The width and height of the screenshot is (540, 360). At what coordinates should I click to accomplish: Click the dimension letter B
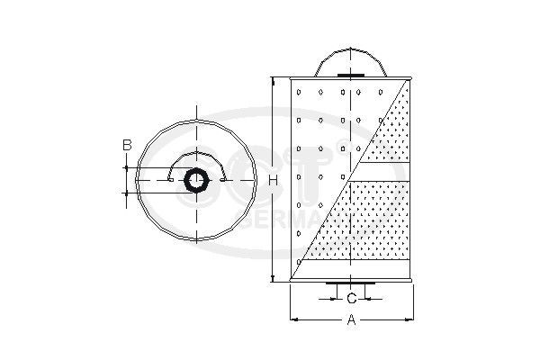coord(127,144)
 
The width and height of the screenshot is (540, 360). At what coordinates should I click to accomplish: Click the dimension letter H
coord(260,180)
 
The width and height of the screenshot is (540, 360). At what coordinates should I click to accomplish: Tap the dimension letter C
coord(351,297)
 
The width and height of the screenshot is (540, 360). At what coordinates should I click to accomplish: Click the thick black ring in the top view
coord(195,180)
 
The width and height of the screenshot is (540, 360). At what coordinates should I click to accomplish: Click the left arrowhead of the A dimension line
coord(293,319)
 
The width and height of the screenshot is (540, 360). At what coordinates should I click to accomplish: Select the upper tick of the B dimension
coord(127,167)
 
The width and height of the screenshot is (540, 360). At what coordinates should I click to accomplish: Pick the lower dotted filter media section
coord(369,225)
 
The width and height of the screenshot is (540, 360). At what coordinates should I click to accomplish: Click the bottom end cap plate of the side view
coord(351,284)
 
